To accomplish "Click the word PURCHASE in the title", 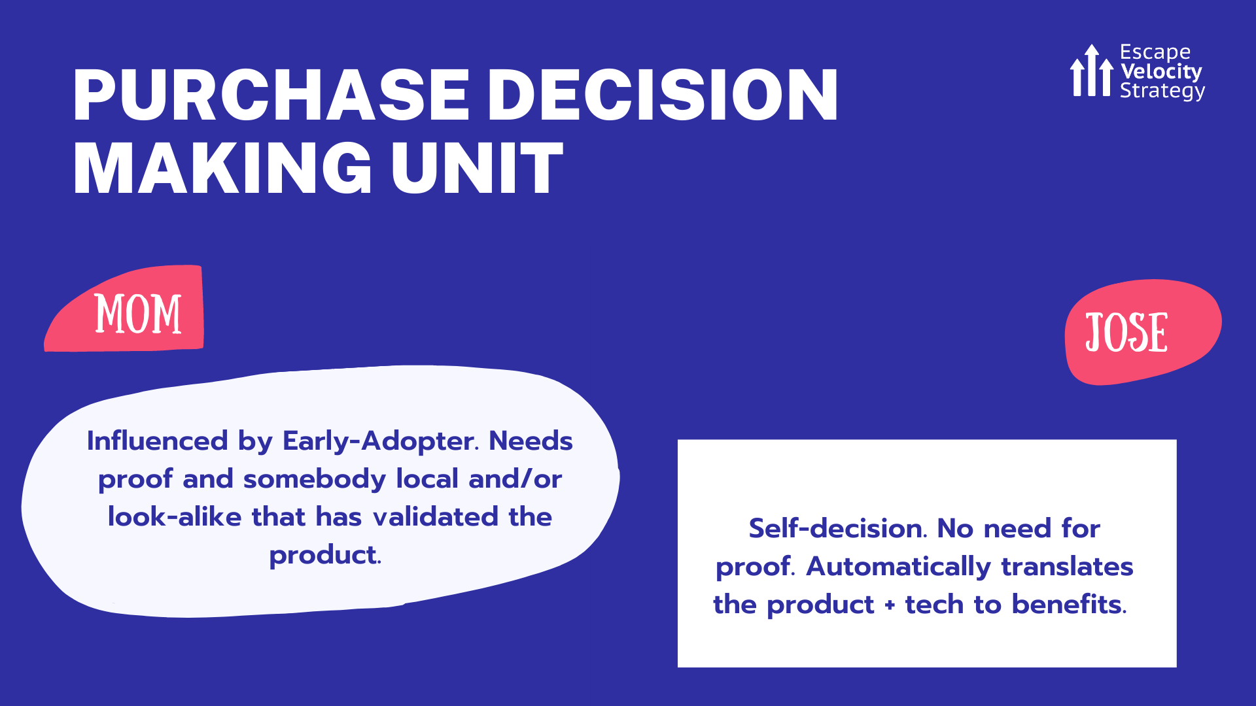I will pos(271,95).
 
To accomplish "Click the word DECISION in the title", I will pos(662,95).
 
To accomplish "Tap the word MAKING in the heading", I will pos(222,169).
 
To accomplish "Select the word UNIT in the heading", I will pos(477,169).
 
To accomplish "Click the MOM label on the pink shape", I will pos(138,314).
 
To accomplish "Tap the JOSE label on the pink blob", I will pos(1126,333).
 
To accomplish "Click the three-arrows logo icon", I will pos(1091,71).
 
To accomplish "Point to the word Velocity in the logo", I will pos(1161,71).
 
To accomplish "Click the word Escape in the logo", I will pos(1155,52).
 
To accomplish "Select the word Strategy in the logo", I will pos(1162,91).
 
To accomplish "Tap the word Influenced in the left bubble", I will pos(157,441).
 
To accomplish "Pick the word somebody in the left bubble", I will pos(315,479).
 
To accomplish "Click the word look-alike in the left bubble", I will pos(175,517).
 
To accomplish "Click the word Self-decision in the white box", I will pos(837,528).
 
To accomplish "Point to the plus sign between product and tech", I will pos(890,605).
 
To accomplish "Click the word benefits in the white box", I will pos(1069,604).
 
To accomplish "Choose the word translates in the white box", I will pos(1067,566).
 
